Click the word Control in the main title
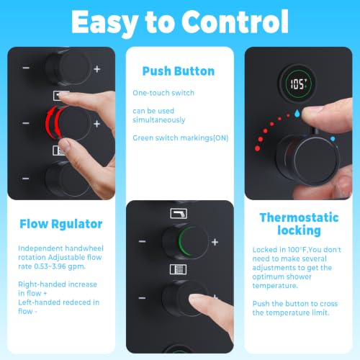235,22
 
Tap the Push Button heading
179,71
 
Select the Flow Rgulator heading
61,224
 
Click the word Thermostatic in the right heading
299,217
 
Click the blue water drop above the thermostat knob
297,113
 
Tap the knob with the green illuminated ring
186,241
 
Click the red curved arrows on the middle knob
54,123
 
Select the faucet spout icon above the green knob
179,213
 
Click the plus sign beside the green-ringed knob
215,242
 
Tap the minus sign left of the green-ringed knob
143,241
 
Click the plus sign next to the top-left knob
97,69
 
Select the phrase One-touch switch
163,93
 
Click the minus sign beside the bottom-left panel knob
26,179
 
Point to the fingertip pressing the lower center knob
197,301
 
